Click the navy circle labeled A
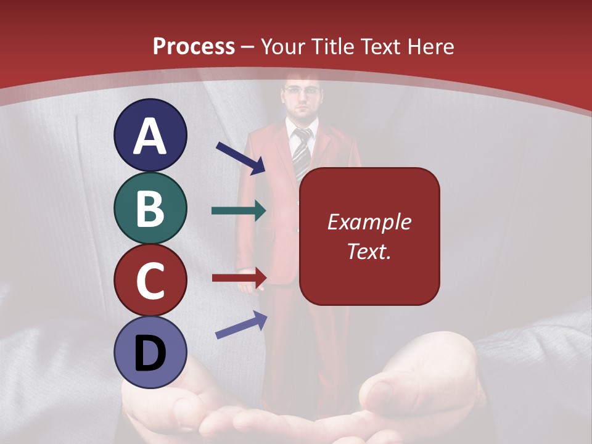click(x=150, y=135)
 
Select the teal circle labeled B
click(x=150, y=208)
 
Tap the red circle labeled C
click(x=150, y=280)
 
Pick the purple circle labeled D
click(x=150, y=353)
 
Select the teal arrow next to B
click(x=239, y=211)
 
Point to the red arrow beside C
click(x=239, y=278)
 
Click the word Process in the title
click(x=194, y=47)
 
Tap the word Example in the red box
click(x=369, y=222)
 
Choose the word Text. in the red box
click(x=369, y=251)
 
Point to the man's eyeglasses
click(x=302, y=91)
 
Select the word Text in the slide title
click(x=378, y=47)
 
